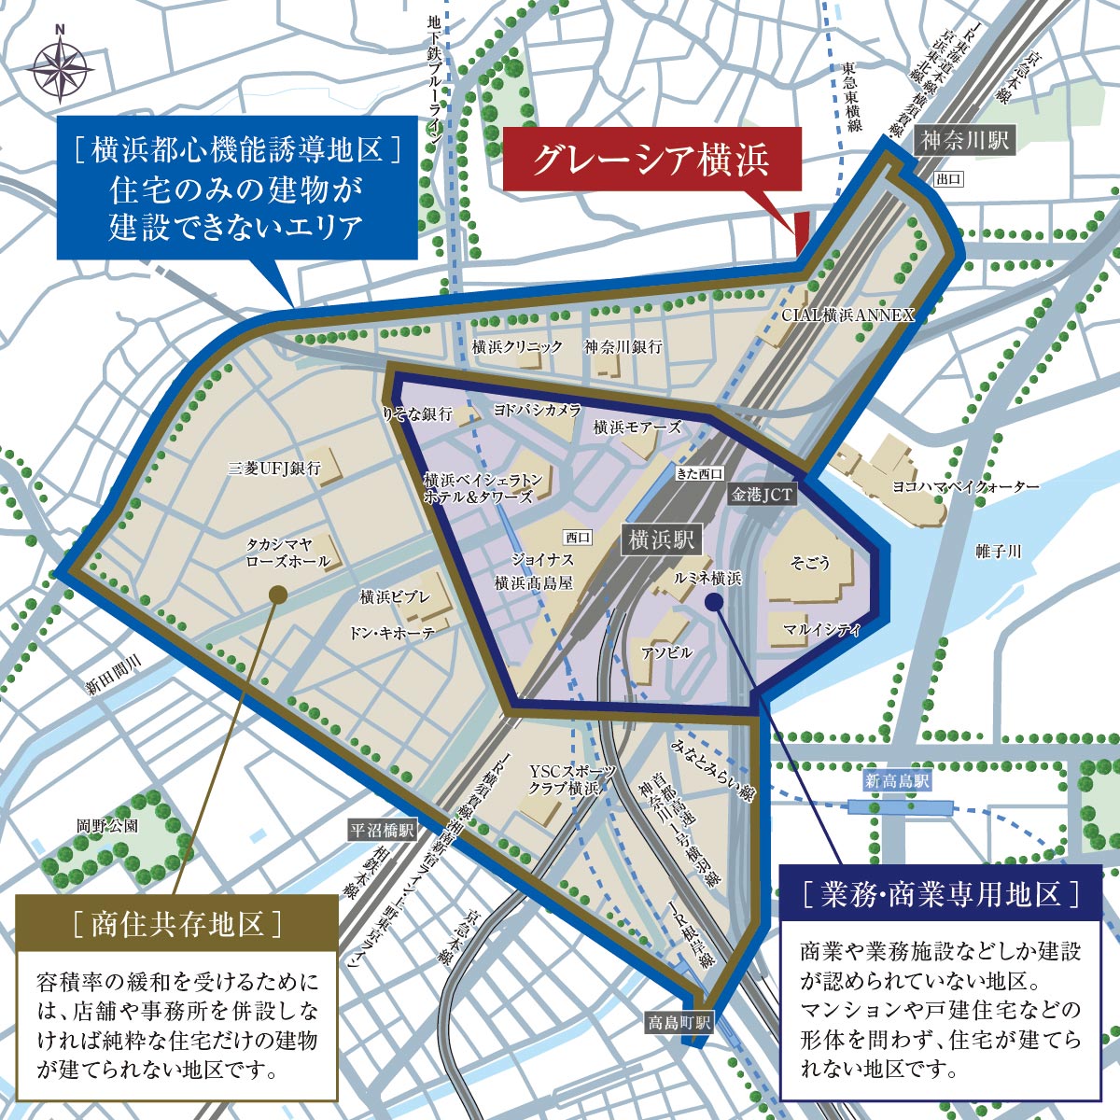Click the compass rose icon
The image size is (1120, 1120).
[61, 69]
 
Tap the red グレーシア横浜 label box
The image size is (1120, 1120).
[651, 160]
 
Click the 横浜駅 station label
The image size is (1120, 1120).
[661, 539]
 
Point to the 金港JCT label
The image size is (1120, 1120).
[763, 495]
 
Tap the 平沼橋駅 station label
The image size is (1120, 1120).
[382, 830]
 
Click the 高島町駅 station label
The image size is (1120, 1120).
[679, 1023]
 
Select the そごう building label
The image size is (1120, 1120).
[810, 563]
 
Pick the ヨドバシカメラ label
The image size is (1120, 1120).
[538, 411]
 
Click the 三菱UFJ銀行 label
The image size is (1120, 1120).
[274, 469]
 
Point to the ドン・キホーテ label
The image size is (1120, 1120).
[392, 632]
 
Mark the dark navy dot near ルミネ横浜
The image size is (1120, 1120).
[714, 603]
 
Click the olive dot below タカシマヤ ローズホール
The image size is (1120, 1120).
[276, 594]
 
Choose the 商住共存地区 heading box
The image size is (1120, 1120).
[176, 923]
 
